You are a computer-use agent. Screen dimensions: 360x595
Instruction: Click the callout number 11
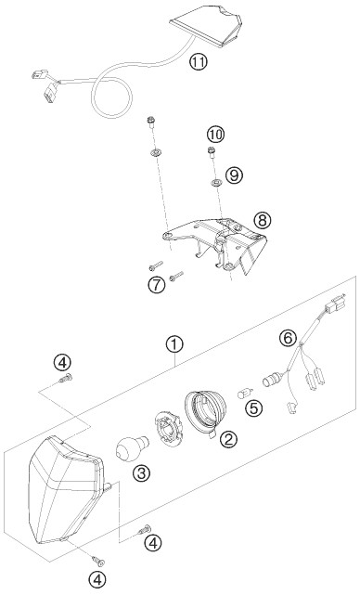pyautogui.click(x=199, y=62)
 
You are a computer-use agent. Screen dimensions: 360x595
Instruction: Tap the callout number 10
pyautogui.click(x=215, y=135)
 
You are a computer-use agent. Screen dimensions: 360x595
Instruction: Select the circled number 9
pyautogui.click(x=234, y=175)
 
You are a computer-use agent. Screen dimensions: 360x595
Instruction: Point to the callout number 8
pyautogui.click(x=263, y=220)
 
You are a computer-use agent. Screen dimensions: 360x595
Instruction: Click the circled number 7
pyautogui.click(x=157, y=285)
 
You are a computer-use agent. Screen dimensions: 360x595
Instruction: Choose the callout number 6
pyautogui.click(x=288, y=337)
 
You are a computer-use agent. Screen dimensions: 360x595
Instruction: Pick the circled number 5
pyautogui.click(x=253, y=407)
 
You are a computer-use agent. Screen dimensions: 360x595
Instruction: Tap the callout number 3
pyautogui.click(x=141, y=472)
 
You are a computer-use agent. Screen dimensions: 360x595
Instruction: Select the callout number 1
pyautogui.click(x=174, y=345)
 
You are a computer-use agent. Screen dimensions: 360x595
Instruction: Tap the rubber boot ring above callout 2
pyautogui.click(x=205, y=411)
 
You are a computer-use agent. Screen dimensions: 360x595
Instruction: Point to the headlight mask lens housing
pyautogui.click(x=67, y=493)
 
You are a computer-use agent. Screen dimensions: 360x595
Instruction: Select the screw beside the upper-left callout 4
pyautogui.click(x=67, y=379)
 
